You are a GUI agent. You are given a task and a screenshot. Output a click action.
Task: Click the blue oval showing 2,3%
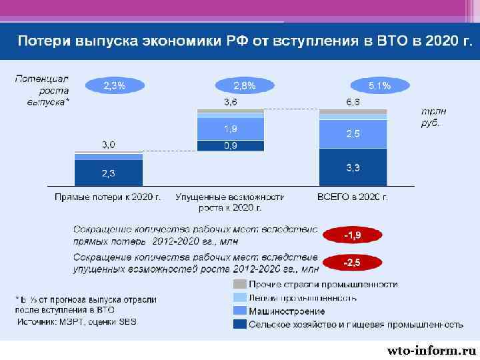pos(113,85)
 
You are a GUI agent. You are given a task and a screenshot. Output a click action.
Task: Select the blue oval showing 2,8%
pos(243,85)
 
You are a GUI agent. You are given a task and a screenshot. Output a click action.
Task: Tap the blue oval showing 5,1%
pos(379,85)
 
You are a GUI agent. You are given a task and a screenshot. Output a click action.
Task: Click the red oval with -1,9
pos(352,235)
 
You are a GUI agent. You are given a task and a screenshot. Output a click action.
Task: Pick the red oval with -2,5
pos(352,263)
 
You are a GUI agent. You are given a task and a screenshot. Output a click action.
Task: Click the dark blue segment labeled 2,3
pos(108,173)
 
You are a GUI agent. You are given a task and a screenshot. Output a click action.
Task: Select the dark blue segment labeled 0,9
pos(230,145)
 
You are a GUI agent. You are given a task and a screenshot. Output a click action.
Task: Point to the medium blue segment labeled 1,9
pos(230,129)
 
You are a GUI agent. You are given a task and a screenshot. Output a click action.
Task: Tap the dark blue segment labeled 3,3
pos(353,167)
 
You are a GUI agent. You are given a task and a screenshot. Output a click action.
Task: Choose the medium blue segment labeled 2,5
pos(353,134)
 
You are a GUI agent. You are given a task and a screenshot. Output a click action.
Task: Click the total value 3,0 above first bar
pos(108,144)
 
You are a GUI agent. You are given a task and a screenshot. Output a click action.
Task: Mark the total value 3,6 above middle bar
pos(230,102)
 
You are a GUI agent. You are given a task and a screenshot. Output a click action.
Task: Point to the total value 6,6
pos(353,102)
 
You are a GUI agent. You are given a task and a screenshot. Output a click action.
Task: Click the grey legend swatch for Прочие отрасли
pos(239,285)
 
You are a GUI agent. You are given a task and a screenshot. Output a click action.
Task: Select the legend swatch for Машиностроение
pos(239,311)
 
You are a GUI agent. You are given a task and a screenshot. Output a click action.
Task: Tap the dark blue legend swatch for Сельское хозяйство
pos(239,325)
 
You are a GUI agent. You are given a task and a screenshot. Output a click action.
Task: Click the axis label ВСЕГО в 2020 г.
pos(353,197)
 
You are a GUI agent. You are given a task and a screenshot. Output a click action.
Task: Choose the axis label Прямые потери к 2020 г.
pos(108,197)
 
